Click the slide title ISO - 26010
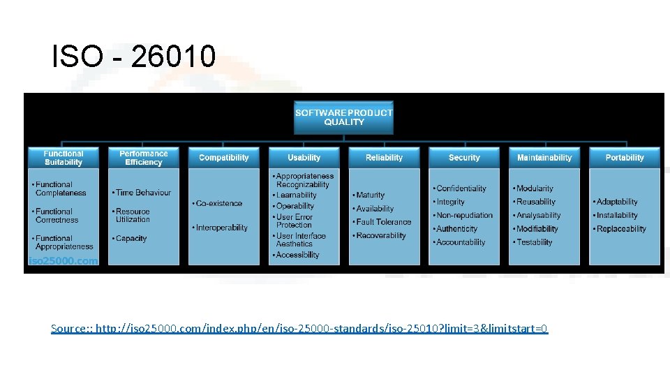134,57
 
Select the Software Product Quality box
343,117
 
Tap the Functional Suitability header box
63,158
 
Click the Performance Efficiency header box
143,158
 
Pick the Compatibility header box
223,158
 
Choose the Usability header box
304,158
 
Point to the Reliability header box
384,158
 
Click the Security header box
464,158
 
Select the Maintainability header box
544,158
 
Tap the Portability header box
625,158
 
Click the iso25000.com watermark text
63,261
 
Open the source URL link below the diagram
299,328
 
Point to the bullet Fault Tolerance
383,222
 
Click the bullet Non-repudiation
464,215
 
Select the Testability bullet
534,242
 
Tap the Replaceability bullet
621,229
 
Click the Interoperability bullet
221,228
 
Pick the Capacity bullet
131,239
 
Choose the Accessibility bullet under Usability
297,256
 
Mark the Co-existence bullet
218,204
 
